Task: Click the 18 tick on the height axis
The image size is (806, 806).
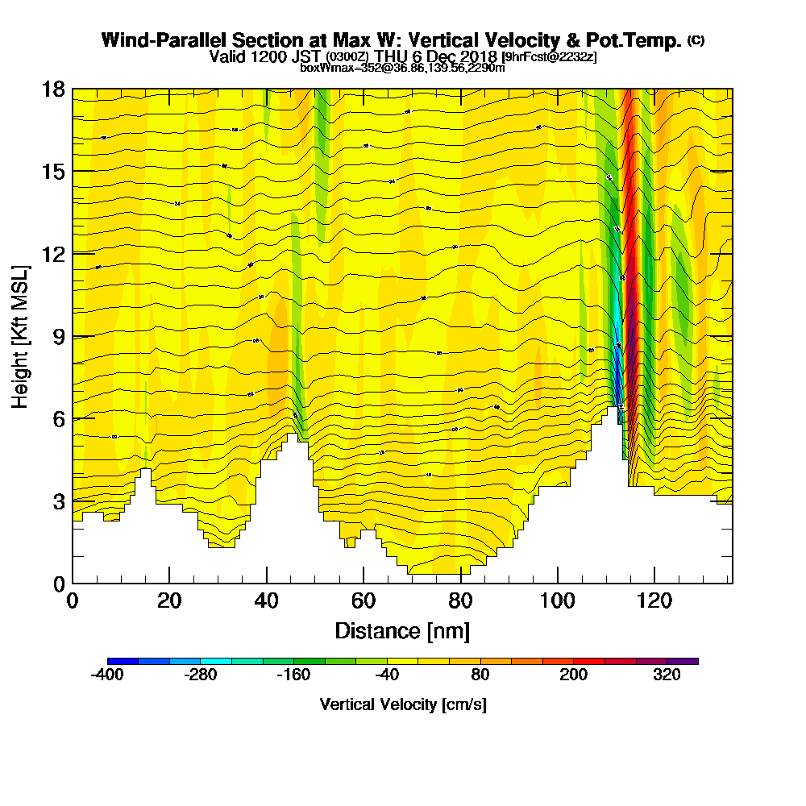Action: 53,89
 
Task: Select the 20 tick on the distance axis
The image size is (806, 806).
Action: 169,600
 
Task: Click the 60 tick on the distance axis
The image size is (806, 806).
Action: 364,600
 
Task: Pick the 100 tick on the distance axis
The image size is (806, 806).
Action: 557,600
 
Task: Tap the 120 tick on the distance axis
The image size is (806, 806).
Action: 654,600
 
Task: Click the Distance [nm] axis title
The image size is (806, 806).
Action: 402,630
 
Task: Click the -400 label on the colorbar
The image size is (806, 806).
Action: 107,675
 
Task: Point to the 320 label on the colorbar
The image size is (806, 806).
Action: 667,675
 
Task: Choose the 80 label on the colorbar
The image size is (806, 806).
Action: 480,675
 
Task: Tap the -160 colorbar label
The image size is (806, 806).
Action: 293,675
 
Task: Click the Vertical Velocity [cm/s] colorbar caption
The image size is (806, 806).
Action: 403,704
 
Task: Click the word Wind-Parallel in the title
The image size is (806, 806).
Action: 154,40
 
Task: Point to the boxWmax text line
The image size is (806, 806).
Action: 402,68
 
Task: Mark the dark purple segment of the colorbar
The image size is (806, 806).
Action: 683,661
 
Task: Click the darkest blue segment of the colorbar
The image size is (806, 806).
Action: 123,661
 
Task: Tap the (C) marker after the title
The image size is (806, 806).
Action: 696,39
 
